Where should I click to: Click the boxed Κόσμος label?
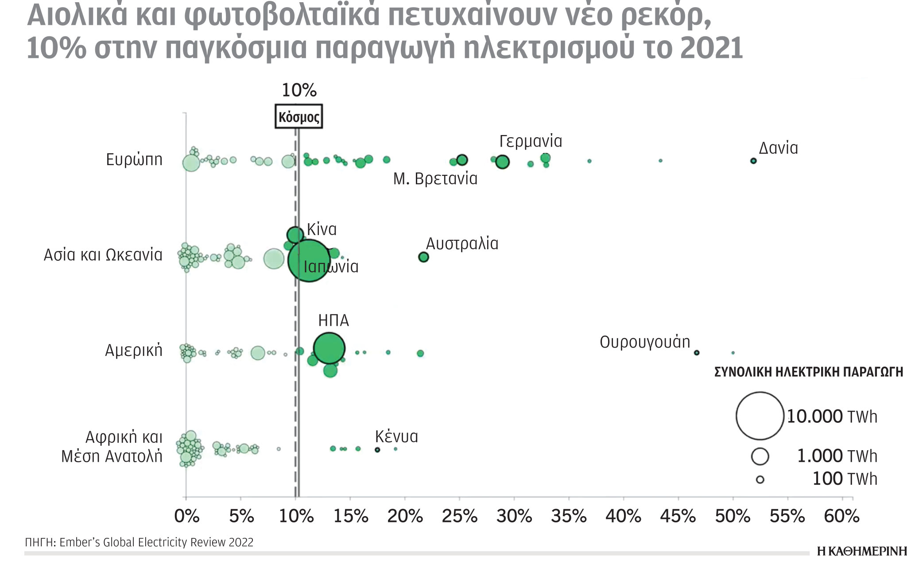point(299,117)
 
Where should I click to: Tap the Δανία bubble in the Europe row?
point(753,161)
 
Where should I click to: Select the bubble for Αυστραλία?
point(423,257)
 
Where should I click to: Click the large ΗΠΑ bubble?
point(329,348)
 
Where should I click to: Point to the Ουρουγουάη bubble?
point(697,353)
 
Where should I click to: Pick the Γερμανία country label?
point(531,141)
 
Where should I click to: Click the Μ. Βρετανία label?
point(435,179)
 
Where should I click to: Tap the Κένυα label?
point(396,437)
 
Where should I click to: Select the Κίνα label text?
point(322,229)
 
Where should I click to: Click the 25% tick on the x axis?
point(460,516)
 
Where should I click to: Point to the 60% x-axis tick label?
point(841,516)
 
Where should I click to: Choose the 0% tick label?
point(187,516)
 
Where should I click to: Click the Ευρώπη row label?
point(134,159)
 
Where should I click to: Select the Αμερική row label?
point(134,350)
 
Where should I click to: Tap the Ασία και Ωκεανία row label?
point(103,255)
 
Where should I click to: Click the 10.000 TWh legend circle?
point(760,416)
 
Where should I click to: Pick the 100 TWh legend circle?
point(760,479)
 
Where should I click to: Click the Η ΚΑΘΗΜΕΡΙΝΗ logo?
point(861,551)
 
